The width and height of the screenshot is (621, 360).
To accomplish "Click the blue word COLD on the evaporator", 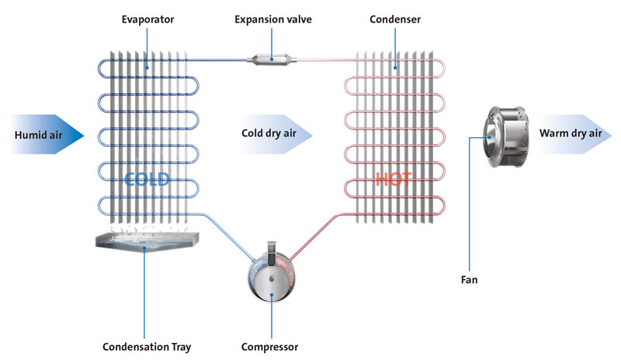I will click(147, 179).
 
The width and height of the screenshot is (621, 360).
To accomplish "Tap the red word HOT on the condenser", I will click(394, 179).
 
